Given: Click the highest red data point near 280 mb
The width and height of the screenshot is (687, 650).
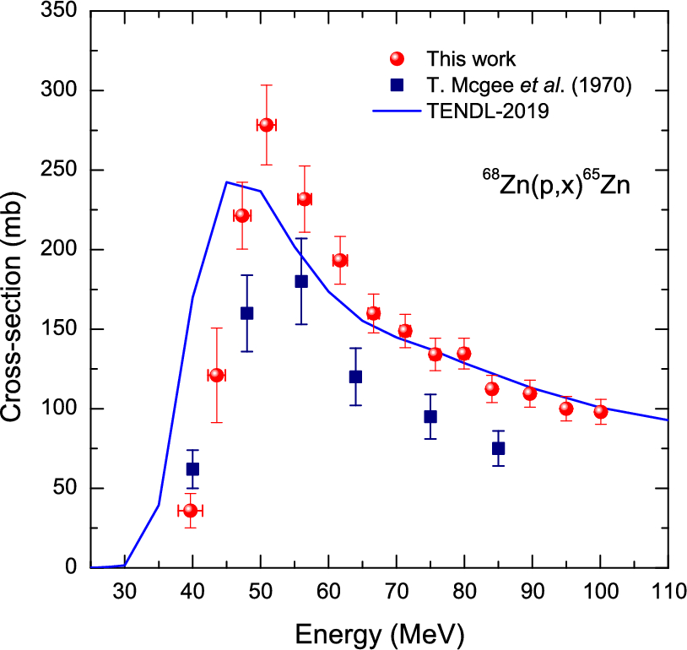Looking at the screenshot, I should tap(266, 125).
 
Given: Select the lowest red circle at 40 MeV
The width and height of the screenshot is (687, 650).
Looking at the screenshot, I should tap(191, 511).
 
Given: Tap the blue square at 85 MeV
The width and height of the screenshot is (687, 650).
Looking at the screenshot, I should tap(498, 448).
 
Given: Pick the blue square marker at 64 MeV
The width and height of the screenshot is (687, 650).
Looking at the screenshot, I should tap(355, 376).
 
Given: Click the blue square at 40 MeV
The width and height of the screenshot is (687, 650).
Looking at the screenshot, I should tap(192, 469).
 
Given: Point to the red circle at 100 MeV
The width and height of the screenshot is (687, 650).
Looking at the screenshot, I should tap(600, 412).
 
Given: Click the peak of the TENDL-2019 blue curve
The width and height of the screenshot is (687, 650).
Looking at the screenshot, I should tap(226, 181).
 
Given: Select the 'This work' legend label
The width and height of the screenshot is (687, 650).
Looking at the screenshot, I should tap(470, 59).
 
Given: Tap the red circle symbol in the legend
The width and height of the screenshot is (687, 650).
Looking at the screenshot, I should tap(398, 59).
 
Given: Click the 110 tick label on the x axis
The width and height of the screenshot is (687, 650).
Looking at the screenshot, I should tap(667, 589).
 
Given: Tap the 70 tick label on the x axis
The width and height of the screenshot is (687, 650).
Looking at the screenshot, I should tap(396, 589).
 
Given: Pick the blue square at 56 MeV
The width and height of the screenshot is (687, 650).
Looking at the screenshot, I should tap(301, 281).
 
